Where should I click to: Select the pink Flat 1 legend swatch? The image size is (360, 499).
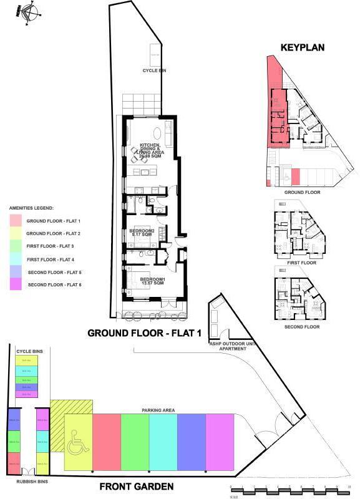(16, 221)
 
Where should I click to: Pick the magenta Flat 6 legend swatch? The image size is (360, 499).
(16, 284)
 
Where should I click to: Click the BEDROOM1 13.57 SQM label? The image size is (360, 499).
(152, 281)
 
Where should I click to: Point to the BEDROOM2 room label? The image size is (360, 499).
(142, 232)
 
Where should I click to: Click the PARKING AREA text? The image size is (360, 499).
(158, 410)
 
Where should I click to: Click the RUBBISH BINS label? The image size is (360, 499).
(26, 481)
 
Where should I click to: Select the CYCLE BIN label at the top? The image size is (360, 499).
(154, 70)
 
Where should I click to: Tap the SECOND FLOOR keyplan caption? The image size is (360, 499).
(302, 327)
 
